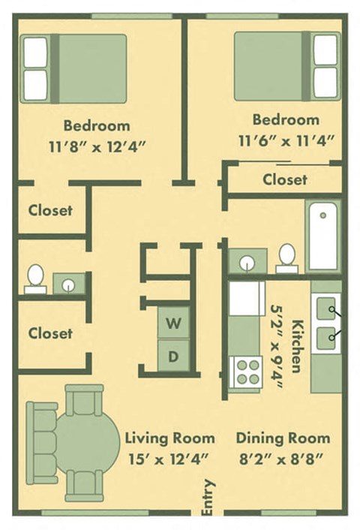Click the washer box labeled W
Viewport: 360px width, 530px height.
pyautogui.click(x=173, y=324)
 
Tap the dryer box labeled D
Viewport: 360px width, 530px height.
pyautogui.click(x=173, y=356)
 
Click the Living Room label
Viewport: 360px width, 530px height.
pyautogui.click(x=169, y=438)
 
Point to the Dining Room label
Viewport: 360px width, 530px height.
pyautogui.click(x=283, y=438)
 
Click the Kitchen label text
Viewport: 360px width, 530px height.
pyautogui.click(x=296, y=346)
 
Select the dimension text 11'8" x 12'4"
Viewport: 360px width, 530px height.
pyautogui.click(x=96, y=146)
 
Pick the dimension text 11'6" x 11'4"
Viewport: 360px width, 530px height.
pyautogui.click(x=286, y=140)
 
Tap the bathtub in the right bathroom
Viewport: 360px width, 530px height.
pyautogui.click(x=324, y=234)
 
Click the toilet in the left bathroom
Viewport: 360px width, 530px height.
pyautogui.click(x=35, y=279)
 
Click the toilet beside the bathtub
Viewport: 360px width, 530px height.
pyautogui.click(x=286, y=257)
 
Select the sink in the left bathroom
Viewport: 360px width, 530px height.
pyautogui.click(x=69, y=284)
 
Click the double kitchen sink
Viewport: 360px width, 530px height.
pyautogui.click(x=325, y=324)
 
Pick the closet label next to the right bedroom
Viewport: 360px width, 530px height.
pyautogui.click(x=284, y=180)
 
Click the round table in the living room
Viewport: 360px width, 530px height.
pyautogui.click(x=86, y=443)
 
